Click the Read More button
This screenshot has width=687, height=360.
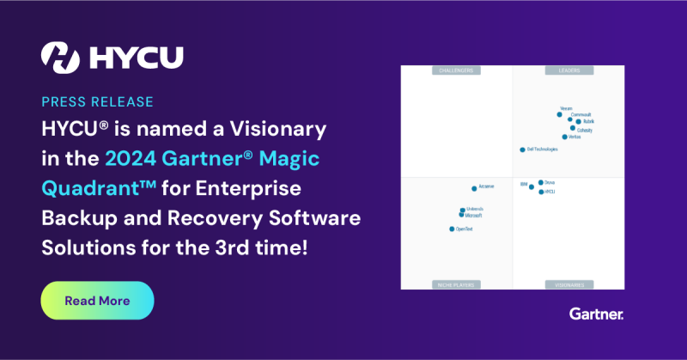97,301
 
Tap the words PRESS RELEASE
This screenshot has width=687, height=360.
97,101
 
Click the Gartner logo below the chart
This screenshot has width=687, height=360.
596,314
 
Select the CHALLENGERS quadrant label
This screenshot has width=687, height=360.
457,70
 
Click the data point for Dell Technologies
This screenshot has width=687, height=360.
522,149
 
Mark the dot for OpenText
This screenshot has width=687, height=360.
452,229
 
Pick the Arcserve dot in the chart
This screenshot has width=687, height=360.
474,188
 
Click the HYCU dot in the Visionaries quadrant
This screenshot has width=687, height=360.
541,192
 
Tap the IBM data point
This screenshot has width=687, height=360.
532,186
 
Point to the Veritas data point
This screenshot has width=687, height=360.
564,137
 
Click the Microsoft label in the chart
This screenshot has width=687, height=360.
473,216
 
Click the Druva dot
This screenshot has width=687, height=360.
541,182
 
